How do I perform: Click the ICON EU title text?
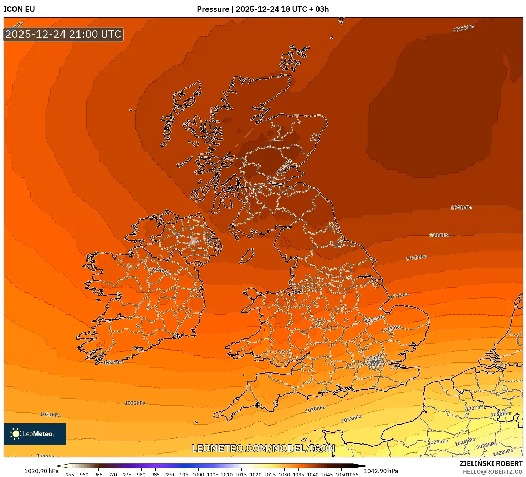[19, 9]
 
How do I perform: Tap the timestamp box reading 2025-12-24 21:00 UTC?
[63, 34]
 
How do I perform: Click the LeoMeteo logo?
[35, 434]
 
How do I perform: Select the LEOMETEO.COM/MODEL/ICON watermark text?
[263, 448]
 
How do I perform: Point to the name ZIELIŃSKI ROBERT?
[491, 463]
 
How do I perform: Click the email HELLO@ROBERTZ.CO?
[492, 472]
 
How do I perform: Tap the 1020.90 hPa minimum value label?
[41, 471]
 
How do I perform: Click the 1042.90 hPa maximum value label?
[381, 471]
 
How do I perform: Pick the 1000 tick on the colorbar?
[198, 474]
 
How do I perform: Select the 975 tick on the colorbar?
[127, 474]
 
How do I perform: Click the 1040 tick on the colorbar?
[313, 474]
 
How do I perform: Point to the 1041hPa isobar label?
[461, 208]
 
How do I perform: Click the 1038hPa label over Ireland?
[158, 270]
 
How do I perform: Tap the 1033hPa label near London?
[377, 356]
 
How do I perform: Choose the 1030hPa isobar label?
[315, 409]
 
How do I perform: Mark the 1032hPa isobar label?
[135, 403]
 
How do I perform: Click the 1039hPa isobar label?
[416, 258]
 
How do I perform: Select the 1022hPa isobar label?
[503, 452]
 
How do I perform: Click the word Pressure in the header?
[213, 9]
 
